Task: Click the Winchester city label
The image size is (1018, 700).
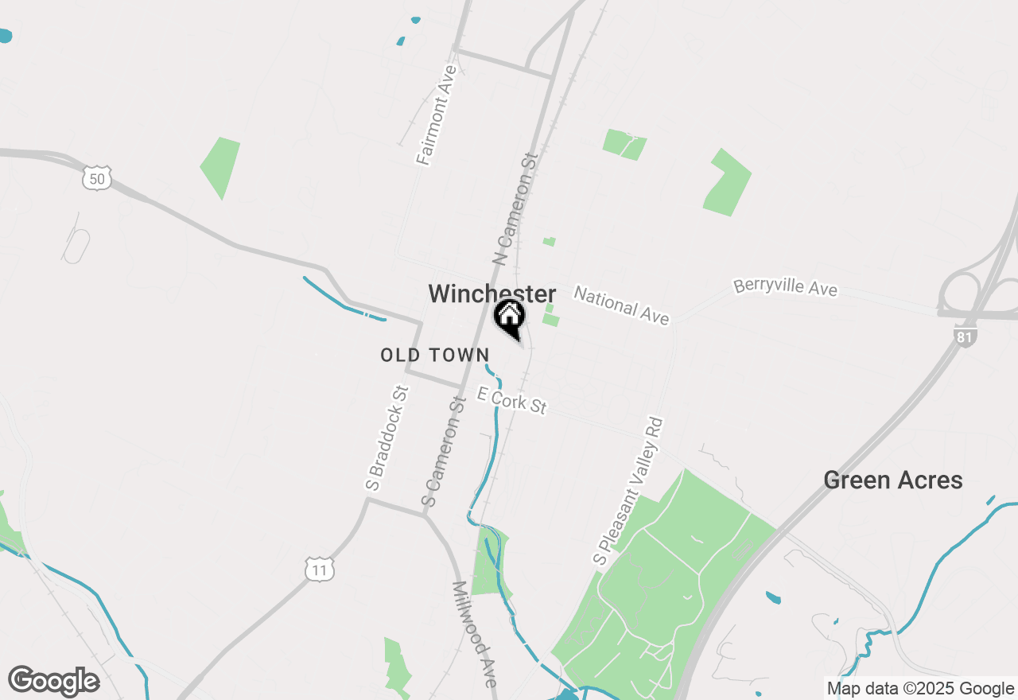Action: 492,294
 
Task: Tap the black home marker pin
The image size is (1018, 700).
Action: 509,317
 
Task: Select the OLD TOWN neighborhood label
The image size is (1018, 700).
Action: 434,355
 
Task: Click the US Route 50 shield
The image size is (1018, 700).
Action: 96,177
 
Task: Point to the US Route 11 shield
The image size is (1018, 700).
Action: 319,569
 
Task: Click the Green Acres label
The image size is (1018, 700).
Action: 892,480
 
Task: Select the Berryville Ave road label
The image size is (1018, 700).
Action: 785,286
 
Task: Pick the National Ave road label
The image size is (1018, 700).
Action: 621,305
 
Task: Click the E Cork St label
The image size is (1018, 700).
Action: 511,400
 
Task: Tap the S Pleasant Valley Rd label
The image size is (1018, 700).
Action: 628,492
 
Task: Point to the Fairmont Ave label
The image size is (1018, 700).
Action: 437,115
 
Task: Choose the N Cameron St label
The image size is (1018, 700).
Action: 515,208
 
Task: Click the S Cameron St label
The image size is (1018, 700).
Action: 443,453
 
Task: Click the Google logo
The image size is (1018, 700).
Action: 53,682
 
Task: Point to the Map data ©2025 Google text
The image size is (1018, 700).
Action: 920,689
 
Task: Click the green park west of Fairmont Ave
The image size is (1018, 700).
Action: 220,166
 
